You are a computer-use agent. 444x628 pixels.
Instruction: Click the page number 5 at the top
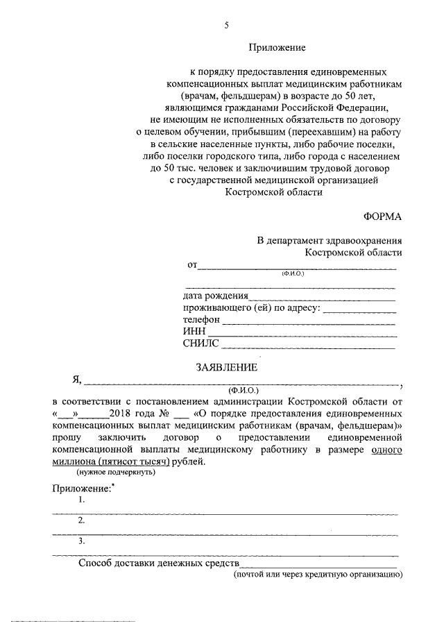coord(225,26)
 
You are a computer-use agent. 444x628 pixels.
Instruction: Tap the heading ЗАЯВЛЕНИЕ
coord(227,366)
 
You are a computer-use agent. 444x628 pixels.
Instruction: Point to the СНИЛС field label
coord(200,342)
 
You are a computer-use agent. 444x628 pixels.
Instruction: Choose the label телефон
coord(201,319)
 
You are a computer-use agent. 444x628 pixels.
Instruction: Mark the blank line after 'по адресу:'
coord(359,309)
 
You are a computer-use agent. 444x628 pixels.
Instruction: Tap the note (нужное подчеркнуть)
coord(116,473)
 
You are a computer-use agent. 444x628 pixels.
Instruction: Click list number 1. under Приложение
coord(83,500)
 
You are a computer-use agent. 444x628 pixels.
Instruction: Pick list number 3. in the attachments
coord(83,541)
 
